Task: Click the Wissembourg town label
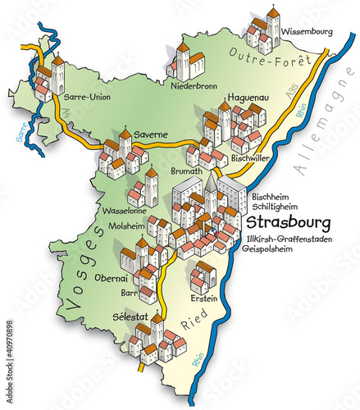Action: [307, 32]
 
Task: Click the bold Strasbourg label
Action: [288, 222]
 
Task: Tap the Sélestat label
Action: [132, 316]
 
